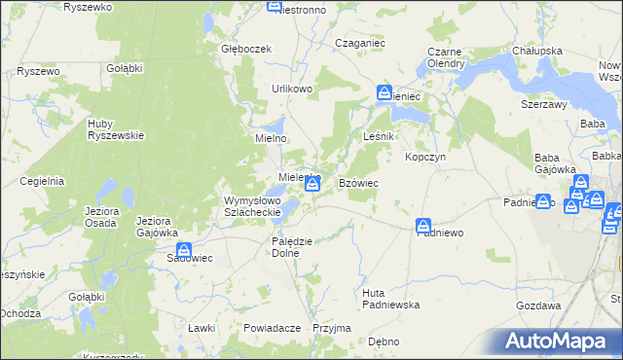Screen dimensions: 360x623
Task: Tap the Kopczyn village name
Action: pos(425,157)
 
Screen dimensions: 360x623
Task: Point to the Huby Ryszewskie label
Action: pos(116,129)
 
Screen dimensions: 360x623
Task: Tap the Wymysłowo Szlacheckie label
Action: pos(253,206)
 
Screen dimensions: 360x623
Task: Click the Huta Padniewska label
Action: pos(390,299)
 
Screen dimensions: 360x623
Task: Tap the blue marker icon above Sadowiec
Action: pos(184,250)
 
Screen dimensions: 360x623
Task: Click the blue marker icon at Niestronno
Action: pos(275,7)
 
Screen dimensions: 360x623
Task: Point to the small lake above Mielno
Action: pos(276,125)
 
